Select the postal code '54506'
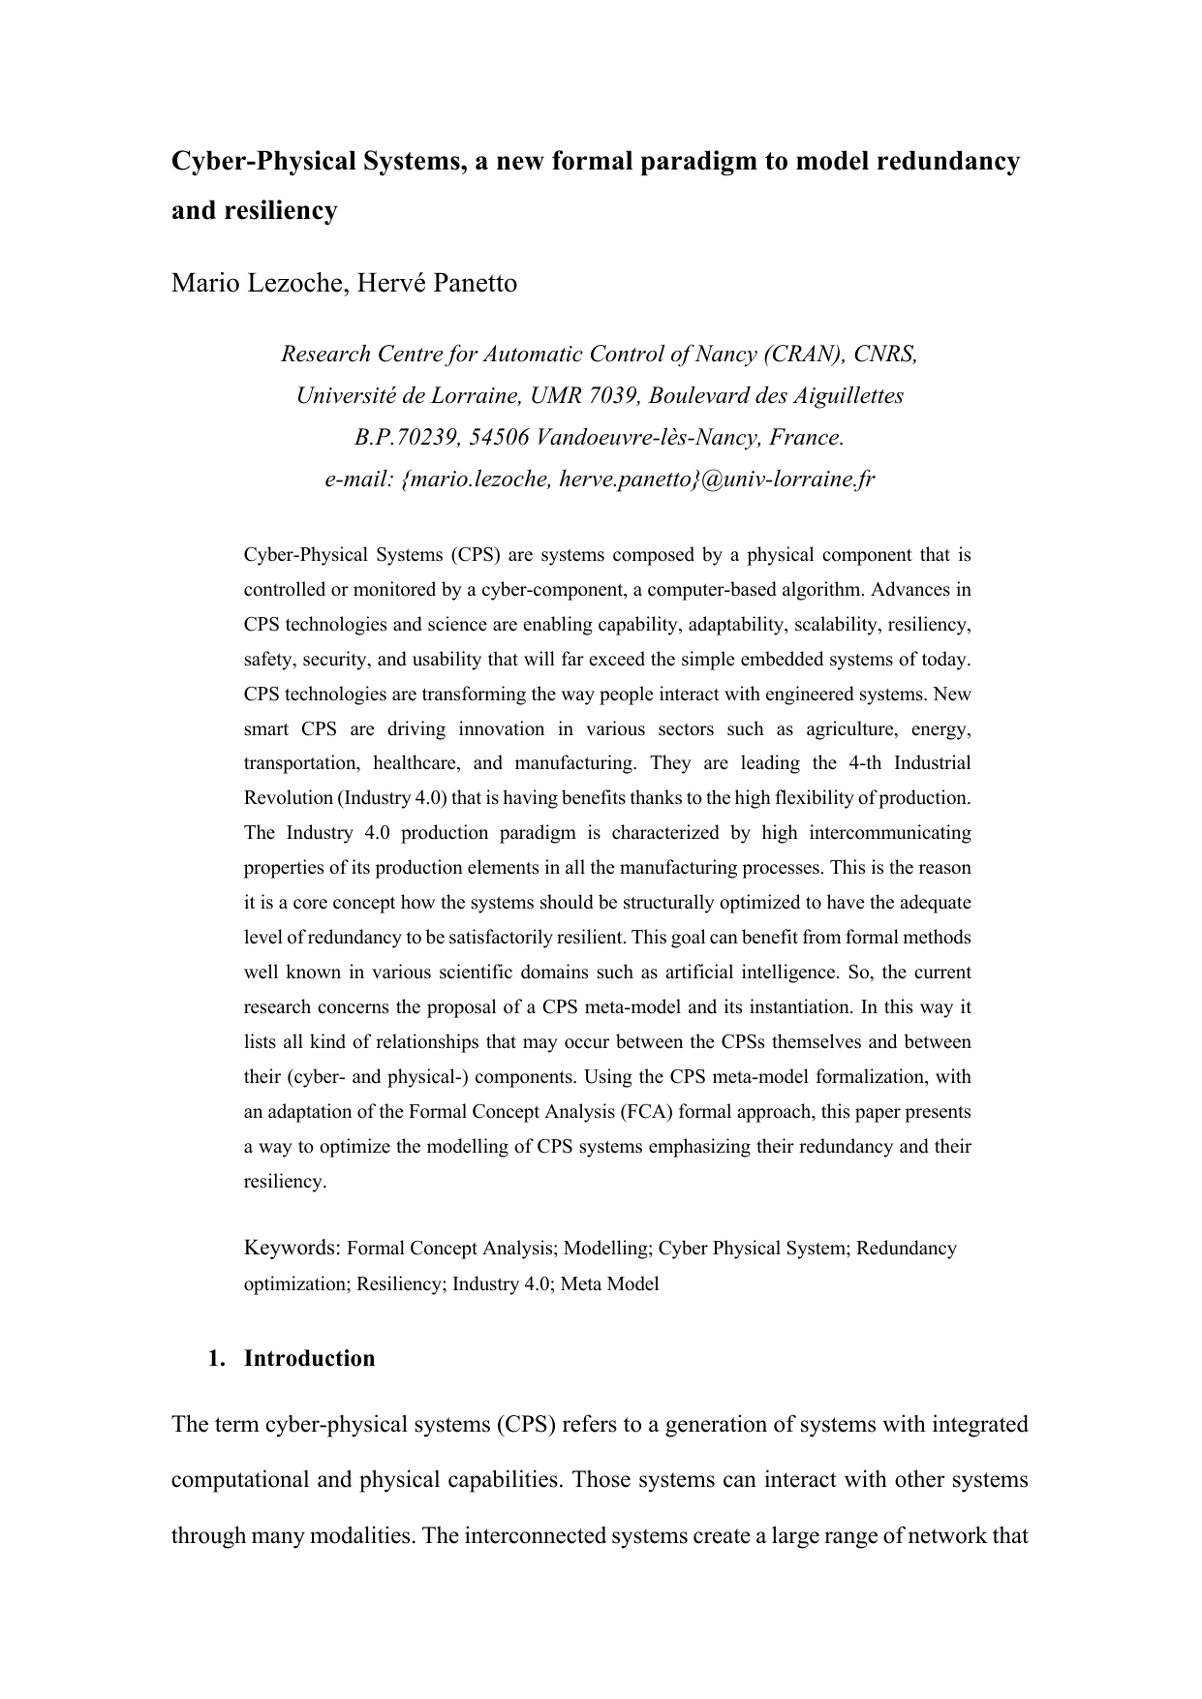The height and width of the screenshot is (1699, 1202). point(498,437)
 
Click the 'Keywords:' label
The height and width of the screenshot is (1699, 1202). point(292,1249)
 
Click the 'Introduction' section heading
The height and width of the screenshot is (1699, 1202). point(309,1358)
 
